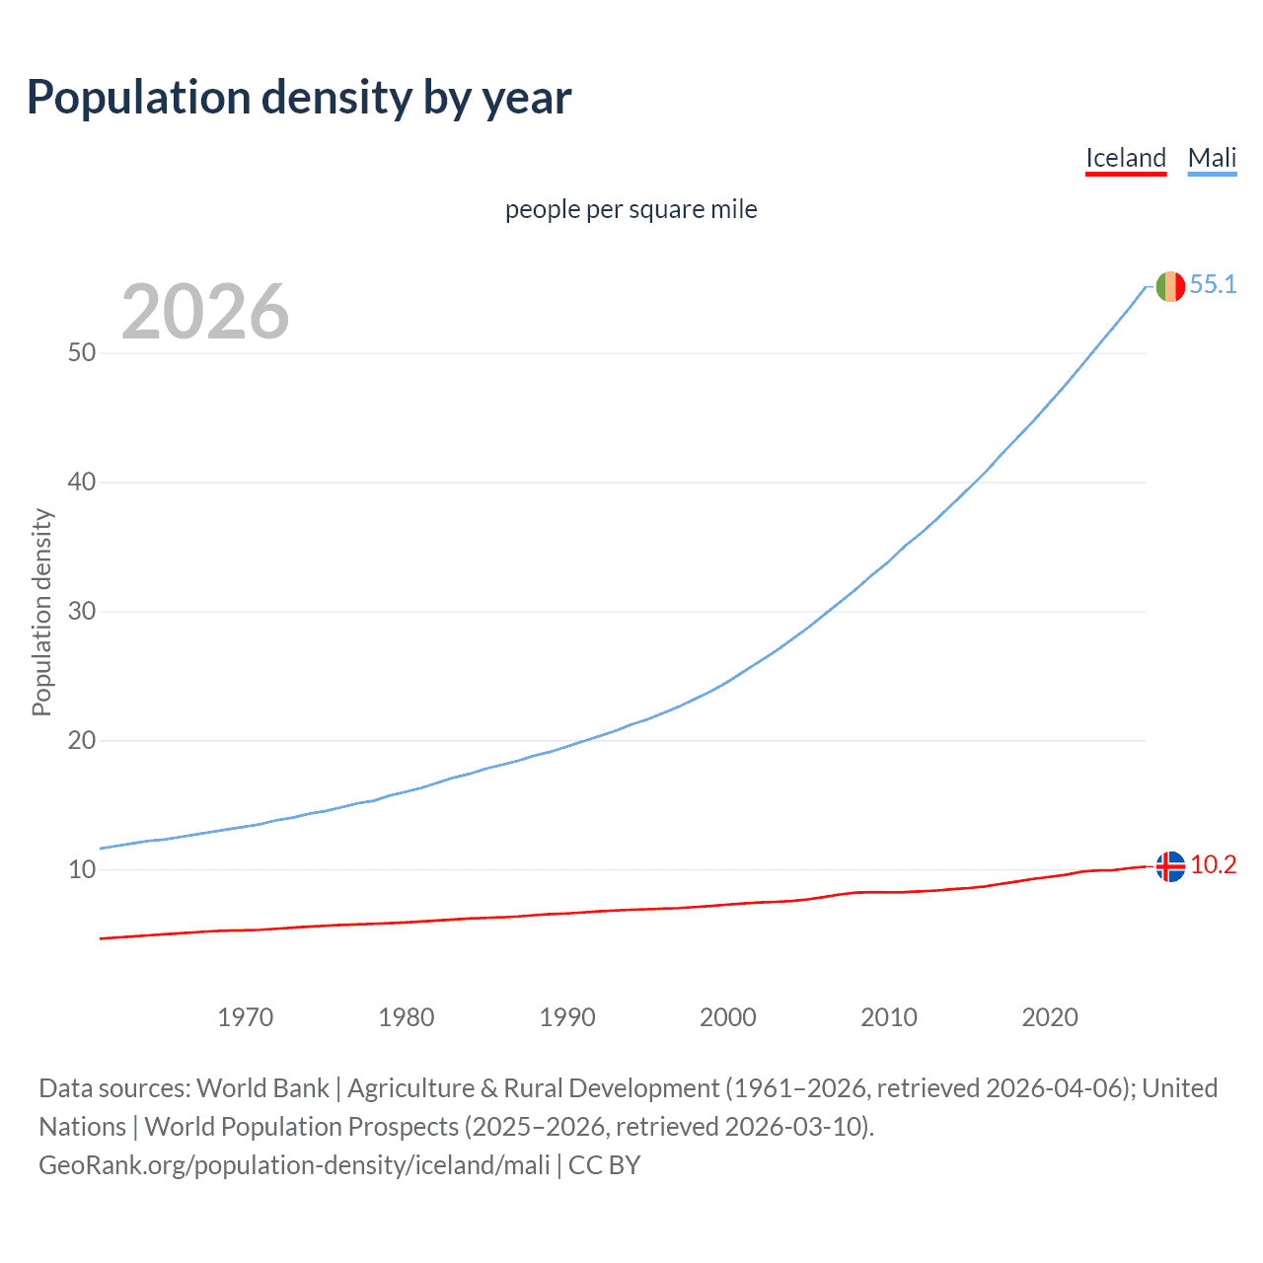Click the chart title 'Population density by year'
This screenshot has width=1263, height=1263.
pos(299,98)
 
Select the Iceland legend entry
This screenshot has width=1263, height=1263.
pos(1126,158)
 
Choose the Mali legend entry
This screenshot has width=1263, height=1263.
pos(1212,158)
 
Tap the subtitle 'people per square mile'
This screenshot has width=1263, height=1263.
pos(631,209)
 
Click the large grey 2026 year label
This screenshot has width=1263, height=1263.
pos(205,312)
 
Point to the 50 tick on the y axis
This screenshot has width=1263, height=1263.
pos(82,352)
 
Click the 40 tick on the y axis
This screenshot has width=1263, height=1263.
pos(82,482)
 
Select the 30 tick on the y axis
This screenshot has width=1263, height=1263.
pos(82,611)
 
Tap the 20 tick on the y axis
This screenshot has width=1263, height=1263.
pos(82,740)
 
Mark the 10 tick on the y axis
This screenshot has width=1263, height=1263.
pos(82,869)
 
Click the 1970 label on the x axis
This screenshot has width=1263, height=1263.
pos(246,1017)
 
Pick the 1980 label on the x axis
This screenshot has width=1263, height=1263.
pos(407,1017)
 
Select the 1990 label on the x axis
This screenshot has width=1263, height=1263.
pos(567,1017)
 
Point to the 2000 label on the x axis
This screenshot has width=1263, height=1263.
pos(728,1017)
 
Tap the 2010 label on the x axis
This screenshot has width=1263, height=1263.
pos(889,1017)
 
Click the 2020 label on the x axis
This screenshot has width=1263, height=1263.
pos(1050,1017)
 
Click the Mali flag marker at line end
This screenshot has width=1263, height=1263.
pos(1170,286)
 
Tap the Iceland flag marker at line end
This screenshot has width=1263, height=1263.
pos(1170,866)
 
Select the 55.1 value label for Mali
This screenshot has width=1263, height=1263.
pos(1213,284)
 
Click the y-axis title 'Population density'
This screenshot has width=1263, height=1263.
pos(41,612)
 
